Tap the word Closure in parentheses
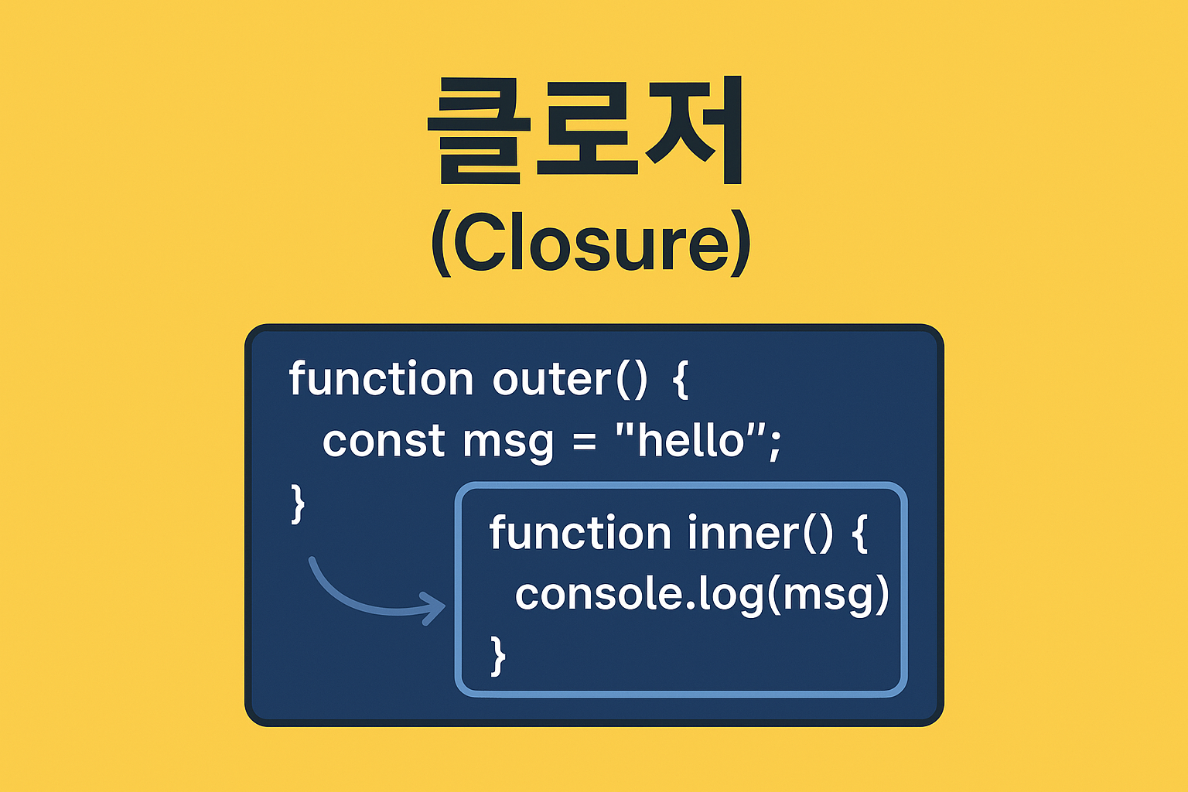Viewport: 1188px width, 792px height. [x=591, y=242]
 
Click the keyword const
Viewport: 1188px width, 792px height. [x=384, y=441]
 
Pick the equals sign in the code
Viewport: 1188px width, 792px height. [x=585, y=442]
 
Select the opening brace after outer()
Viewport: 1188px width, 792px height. [x=681, y=379]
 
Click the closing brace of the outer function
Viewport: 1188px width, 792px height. [x=299, y=504]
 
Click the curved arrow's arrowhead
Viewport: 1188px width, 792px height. [x=433, y=608]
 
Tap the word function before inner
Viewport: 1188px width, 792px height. [x=580, y=532]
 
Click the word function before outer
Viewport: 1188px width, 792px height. [x=381, y=378]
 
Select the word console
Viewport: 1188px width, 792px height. [x=598, y=594]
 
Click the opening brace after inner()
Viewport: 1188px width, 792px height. [x=860, y=533]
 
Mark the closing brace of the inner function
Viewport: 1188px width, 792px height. [x=497, y=656]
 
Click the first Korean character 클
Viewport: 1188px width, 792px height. [x=479, y=131]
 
